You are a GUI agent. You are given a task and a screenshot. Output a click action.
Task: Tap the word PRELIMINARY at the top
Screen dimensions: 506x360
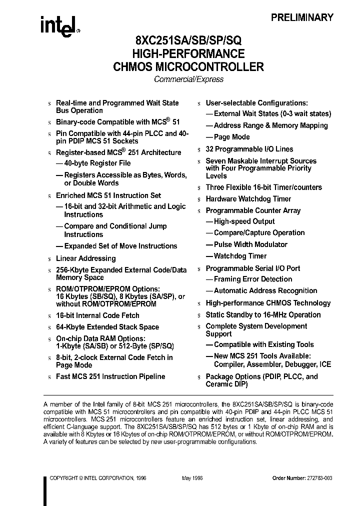302,17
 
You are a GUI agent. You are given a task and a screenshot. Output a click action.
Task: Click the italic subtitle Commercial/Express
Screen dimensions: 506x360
188,79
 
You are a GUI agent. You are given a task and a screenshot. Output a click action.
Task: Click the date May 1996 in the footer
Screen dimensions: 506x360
193,478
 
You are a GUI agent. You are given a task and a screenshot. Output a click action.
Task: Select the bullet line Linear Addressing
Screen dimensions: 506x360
85,258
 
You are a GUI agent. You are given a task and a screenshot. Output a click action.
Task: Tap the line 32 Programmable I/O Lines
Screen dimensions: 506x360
249,149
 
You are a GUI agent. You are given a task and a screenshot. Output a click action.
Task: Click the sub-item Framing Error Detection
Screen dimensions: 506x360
252,279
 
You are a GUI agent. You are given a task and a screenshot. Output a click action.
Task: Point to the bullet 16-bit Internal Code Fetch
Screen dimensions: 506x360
97,315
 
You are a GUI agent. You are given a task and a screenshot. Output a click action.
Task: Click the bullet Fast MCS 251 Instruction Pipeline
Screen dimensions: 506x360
110,376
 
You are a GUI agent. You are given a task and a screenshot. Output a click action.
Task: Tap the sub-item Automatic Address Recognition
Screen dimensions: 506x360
265,290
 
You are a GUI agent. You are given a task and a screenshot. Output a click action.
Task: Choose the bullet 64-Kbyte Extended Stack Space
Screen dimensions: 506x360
107,327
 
